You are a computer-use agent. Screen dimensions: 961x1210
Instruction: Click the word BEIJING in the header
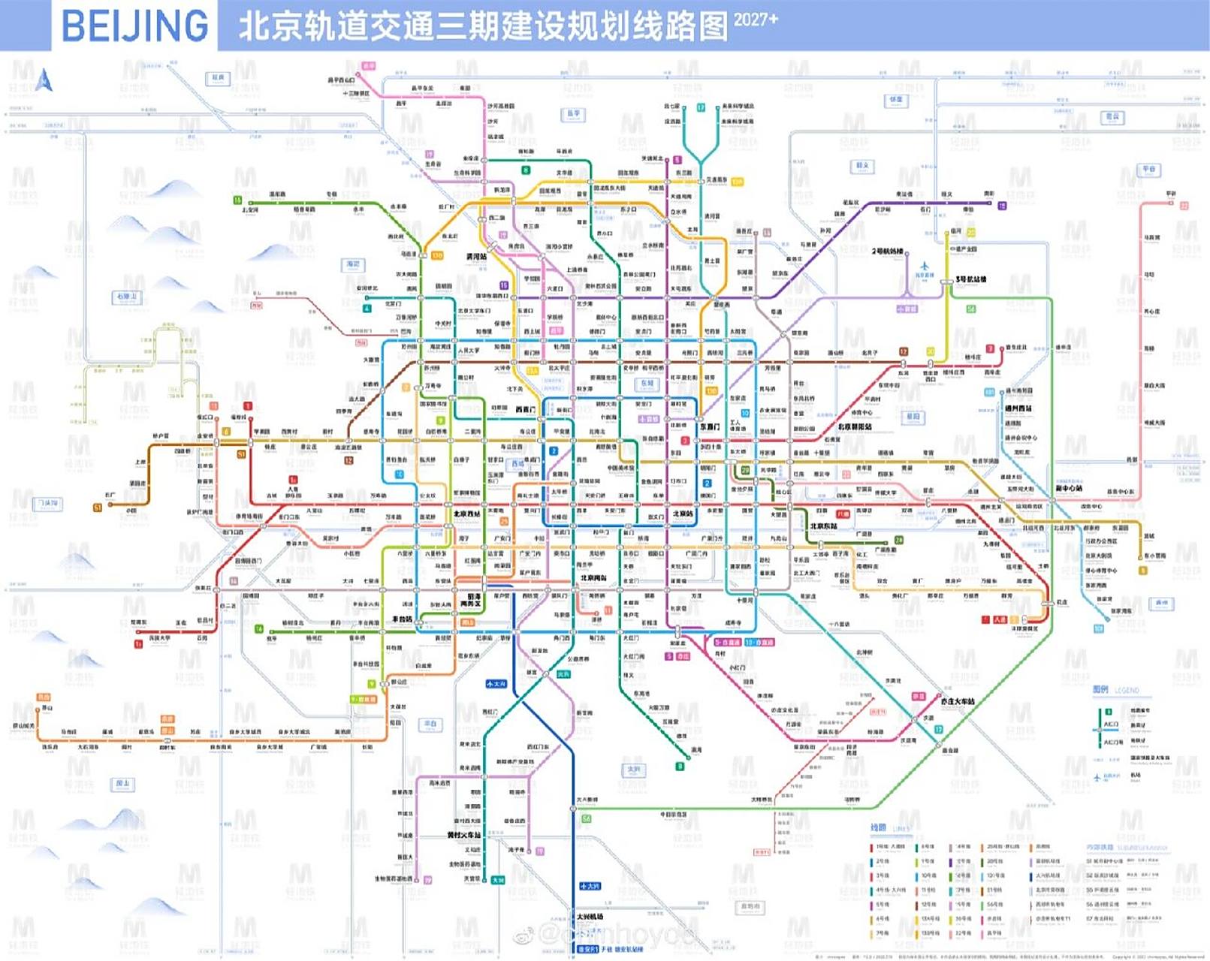(x=134, y=26)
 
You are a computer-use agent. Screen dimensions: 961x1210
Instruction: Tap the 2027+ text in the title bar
(x=755, y=20)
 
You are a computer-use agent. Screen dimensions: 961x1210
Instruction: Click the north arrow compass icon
(x=44, y=80)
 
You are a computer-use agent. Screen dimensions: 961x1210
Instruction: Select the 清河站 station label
(x=476, y=257)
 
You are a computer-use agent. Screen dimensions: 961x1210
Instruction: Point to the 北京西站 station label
(x=466, y=514)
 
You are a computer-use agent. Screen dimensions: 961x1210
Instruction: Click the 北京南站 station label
(x=593, y=578)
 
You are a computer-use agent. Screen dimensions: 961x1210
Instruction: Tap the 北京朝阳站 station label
(x=855, y=426)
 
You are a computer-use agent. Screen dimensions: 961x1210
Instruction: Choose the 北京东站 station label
(x=823, y=526)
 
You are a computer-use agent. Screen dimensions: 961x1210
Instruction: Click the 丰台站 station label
(x=402, y=619)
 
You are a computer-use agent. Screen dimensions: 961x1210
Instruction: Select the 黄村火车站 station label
(x=464, y=835)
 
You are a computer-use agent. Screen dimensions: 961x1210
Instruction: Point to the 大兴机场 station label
(x=590, y=917)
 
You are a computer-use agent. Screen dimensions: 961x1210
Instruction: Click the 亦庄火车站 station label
(x=958, y=701)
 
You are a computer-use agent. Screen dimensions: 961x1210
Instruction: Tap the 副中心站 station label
(x=1069, y=488)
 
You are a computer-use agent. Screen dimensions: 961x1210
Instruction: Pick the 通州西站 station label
(x=1018, y=409)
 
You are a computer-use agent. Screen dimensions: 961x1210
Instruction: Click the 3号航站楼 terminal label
(x=971, y=279)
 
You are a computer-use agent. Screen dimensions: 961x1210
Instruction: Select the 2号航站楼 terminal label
(x=887, y=252)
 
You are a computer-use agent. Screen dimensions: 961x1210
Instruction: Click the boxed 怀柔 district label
(x=896, y=99)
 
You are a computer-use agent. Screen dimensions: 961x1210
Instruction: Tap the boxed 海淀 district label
(x=353, y=264)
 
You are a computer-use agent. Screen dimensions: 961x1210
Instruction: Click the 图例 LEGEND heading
(x=1115, y=689)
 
